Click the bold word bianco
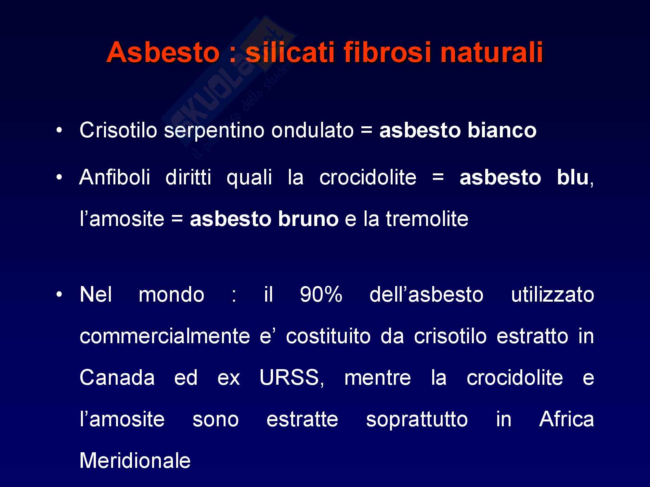(502, 131)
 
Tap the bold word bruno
(308, 219)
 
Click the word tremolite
(427, 219)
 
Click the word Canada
(117, 378)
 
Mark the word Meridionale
(135, 460)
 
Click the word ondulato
(312, 131)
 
